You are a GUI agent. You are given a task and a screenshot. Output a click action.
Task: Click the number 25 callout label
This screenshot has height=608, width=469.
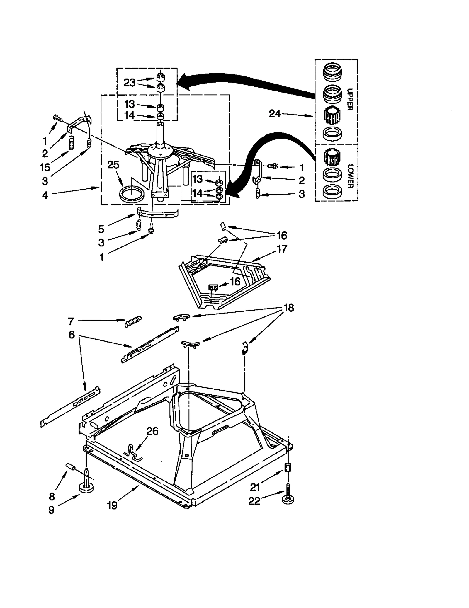click(113, 165)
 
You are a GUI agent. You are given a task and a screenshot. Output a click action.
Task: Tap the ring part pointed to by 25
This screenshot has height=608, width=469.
click(132, 194)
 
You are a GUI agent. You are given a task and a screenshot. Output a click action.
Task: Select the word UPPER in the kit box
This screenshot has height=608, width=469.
click(349, 99)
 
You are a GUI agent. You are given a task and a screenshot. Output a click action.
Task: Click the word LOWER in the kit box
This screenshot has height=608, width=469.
click(350, 176)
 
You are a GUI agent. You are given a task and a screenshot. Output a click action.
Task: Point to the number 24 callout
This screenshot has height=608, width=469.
click(275, 114)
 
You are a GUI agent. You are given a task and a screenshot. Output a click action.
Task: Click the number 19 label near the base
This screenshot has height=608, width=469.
click(112, 505)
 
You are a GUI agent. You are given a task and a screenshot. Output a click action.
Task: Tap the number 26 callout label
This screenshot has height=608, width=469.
click(152, 431)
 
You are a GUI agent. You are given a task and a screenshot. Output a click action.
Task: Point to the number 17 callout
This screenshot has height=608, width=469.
click(282, 249)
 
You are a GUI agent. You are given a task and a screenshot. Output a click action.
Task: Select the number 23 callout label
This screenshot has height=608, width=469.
click(129, 83)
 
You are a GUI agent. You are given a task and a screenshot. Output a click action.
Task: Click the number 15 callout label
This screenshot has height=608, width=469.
click(45, 167)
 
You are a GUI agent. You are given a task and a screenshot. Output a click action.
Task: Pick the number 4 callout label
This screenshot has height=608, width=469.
click(45, 195)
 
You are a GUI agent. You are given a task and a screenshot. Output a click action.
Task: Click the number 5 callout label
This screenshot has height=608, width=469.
click(101, 229)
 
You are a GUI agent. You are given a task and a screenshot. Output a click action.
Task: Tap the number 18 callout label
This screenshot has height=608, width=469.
click(289, 308)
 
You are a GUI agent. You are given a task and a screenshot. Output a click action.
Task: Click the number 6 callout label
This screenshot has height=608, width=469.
click(72, 335)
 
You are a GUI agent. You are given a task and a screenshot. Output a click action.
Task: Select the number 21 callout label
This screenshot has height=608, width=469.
click(255, 487)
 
